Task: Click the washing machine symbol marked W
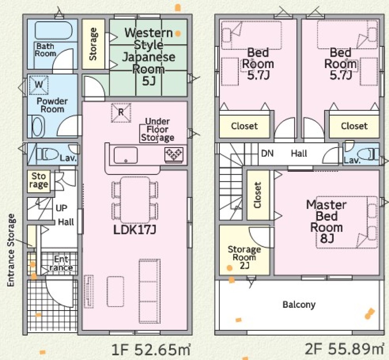[x=39, y=85]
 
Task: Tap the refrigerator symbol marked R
[x=121, y=113]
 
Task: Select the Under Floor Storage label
[x=158, y=130]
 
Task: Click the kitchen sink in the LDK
[x=126, y=155]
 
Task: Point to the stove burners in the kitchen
[x=174, y=154]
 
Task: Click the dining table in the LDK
[x=135, y=200]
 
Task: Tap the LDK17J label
[x=135, y=230]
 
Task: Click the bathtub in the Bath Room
[x=54, y=30]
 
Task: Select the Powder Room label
[x=52, y=105]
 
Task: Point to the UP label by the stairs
[x=61, y=208]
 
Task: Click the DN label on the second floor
[x=267, y=153]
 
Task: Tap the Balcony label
[x=299, y=304]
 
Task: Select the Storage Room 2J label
[x=244, y=257]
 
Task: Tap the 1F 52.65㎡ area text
[x=151, y=349]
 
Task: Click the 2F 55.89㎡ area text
[x=344, y=349]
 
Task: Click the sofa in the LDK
[x=150, y=291]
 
